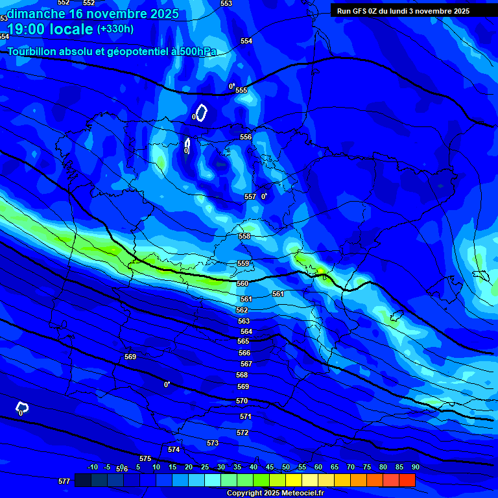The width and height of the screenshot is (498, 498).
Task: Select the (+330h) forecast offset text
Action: click(116, 29)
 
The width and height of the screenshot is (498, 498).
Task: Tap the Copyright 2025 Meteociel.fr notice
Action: click(275, 493)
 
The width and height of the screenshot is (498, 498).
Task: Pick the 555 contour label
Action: click(241, 90)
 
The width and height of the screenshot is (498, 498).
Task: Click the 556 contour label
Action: click(246, 137)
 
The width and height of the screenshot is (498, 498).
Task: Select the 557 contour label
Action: click(250, 196)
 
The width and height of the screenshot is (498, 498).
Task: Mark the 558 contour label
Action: click(244, 237)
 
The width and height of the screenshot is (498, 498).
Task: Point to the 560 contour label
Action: click(243, 283)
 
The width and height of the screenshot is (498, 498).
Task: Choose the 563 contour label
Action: click(244, 321)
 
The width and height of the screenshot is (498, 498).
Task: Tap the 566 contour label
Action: click(244, 353)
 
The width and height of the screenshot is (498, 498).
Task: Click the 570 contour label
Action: click(242, 401)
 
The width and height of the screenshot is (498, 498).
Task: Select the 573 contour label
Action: click(213, 443)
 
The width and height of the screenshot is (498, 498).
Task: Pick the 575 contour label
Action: click(145, 458)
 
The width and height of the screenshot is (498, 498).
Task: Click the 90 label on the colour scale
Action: click(415, 467)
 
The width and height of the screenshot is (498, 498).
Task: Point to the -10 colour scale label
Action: click(93, 467)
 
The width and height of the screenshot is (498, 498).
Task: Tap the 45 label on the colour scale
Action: click(269, 467)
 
